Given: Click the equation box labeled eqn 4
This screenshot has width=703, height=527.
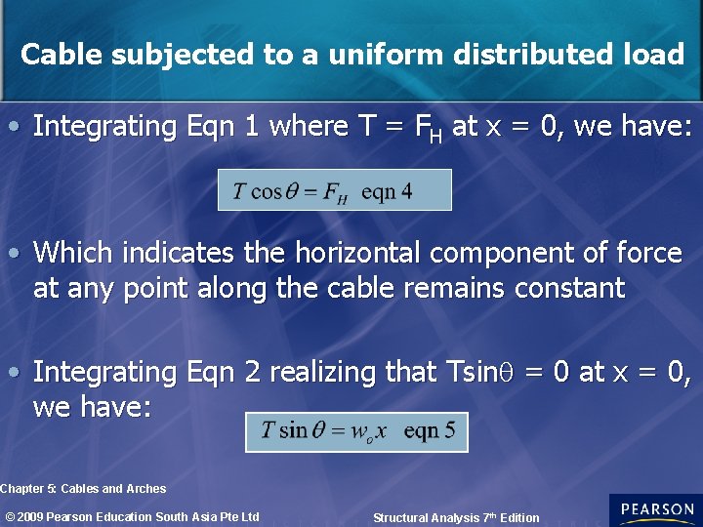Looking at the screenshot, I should tap(335, 190).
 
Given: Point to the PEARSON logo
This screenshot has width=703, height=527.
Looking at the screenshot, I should tap(655, 510).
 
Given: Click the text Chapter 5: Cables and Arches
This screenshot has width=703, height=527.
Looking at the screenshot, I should tap(84, 488).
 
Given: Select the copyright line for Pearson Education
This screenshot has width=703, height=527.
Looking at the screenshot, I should tap(133, 516).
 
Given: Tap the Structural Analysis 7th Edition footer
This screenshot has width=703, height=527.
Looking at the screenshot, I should tap(456, 517).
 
